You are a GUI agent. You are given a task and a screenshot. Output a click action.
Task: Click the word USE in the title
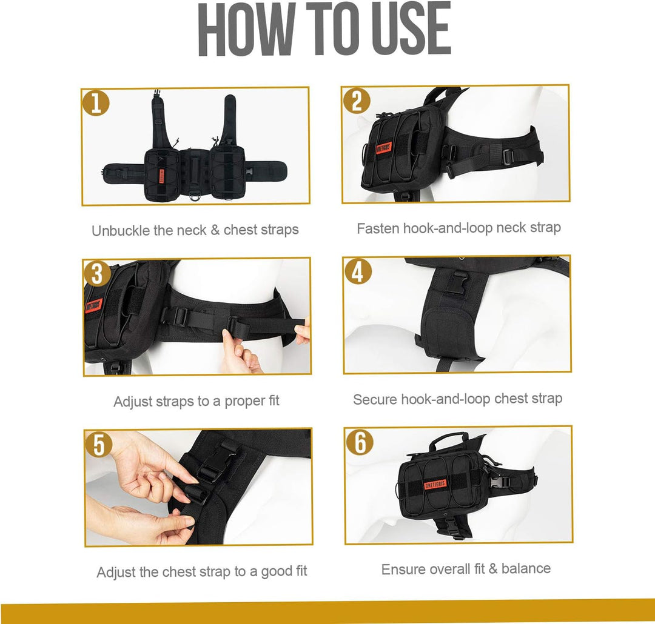409,28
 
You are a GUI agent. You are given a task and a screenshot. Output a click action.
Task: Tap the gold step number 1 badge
96,102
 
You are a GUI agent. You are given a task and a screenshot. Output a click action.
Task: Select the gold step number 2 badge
357,101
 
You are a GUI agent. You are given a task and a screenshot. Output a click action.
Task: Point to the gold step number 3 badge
97,274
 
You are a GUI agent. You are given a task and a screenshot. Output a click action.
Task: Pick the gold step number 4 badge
358,271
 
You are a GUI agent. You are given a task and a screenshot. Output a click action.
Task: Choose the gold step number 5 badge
99,445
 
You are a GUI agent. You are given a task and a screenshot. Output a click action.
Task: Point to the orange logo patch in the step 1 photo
162,176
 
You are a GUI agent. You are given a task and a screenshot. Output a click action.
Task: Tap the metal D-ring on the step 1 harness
194,196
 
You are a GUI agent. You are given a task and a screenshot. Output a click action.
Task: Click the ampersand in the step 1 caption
215,230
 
